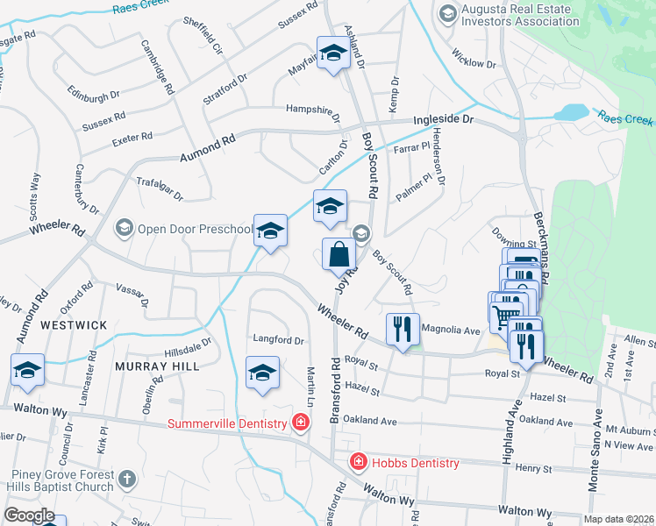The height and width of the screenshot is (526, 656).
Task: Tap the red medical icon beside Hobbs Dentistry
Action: (358, 462)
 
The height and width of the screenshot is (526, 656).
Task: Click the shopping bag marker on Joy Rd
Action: (339, 255)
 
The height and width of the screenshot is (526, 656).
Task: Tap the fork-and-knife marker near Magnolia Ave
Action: (403, 330)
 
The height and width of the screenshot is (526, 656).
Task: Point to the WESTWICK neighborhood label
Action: (74, 325)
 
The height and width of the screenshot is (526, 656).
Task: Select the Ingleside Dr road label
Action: (443, 118)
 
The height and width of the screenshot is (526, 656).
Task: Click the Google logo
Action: (29, 515)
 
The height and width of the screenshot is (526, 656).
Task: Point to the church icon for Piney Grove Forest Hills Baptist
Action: (127, 479)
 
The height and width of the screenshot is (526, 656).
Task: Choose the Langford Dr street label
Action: (278, 340)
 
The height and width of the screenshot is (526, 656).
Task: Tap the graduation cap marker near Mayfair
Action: (333, 54)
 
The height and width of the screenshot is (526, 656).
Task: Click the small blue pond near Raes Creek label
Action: (571, 112)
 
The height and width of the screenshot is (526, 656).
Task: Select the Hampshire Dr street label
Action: (313, 110)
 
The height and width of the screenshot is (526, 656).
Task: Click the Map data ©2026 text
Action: (619, 519)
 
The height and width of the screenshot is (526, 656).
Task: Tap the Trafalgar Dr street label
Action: (160, 188)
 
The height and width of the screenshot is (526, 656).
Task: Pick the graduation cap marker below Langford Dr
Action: (262, 373)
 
